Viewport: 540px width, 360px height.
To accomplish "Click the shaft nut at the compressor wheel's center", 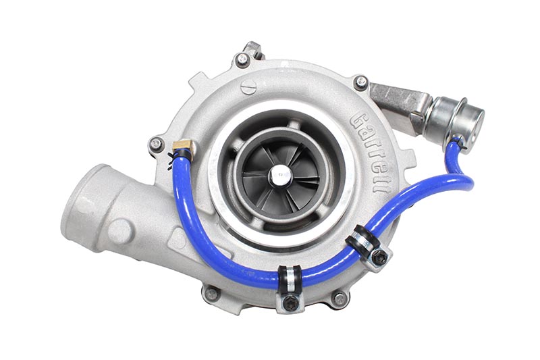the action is coord(280,176).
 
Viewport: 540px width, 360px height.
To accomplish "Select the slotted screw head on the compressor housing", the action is coord(248,87).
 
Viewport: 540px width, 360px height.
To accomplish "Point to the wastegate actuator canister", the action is coord(454,122).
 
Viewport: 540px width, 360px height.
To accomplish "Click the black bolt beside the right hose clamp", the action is coord(379,257).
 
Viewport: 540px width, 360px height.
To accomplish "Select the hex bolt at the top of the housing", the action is coord(243,59).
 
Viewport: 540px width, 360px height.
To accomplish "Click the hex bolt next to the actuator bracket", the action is coord(360,82).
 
